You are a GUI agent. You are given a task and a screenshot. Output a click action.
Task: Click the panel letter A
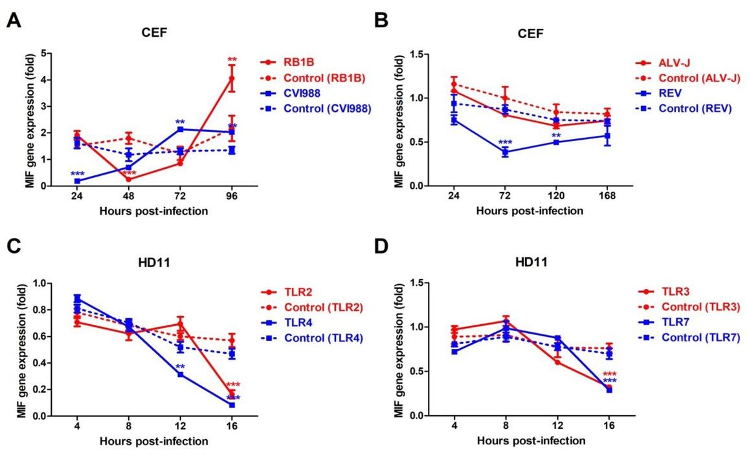(13, 21)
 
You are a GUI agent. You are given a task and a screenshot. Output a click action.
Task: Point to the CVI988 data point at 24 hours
(76, 181)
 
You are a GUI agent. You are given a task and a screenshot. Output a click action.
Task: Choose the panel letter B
(381, 21)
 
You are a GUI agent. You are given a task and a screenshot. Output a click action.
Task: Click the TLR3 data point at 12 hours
(556, 362)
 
